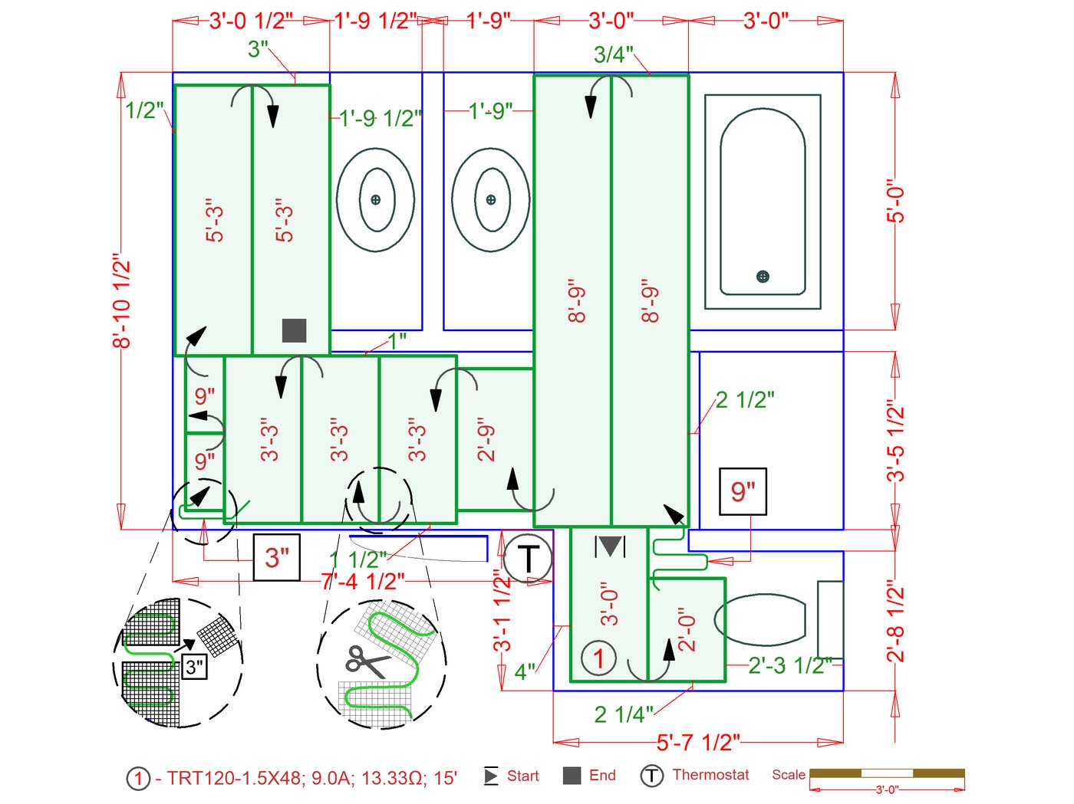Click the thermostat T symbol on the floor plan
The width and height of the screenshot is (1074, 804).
528,558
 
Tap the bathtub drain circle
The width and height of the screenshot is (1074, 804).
763,276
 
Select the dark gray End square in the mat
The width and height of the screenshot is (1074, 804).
295,330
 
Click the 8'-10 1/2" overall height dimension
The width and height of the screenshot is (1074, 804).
121,300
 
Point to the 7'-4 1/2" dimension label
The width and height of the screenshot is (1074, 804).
363,582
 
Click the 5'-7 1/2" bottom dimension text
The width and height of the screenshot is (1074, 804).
698,742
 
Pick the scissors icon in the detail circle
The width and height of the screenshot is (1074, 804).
366,661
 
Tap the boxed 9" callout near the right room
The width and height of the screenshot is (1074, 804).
743,491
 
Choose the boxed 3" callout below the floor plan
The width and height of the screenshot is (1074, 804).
277,557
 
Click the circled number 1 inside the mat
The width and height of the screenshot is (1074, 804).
598,658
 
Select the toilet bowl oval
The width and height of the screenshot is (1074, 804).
760,619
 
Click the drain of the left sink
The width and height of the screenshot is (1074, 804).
375,199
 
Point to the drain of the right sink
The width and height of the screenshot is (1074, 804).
491,199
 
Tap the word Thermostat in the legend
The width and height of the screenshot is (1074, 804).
710,775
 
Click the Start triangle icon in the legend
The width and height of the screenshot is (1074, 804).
491,776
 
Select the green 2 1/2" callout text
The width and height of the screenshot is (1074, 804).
745,400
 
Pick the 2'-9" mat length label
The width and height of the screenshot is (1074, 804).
486,439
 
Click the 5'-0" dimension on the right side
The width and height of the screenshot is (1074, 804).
895,201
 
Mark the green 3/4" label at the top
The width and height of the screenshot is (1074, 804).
613,54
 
